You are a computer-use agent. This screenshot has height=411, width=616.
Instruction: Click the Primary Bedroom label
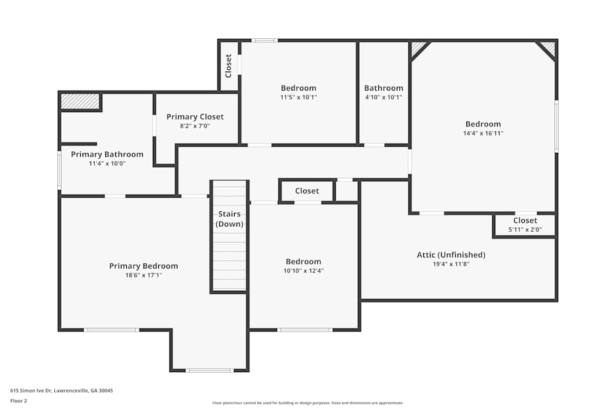point(144,266)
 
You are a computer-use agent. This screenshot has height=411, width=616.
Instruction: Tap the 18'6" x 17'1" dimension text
point(144,275)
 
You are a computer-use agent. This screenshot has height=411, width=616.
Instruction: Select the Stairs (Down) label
point(229,219)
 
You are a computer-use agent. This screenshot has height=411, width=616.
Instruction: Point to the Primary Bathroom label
point(107,154)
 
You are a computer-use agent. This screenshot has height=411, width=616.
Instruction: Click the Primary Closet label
point(195,116)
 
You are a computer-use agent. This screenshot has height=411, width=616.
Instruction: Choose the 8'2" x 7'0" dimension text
point(195,126)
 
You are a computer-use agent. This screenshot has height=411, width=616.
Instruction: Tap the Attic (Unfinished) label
point(451,254)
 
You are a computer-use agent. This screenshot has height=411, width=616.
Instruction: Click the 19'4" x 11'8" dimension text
point(451,264)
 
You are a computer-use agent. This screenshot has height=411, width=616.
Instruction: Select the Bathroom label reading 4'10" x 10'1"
point(383,88)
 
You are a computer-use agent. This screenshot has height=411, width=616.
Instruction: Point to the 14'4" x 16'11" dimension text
point(483,133)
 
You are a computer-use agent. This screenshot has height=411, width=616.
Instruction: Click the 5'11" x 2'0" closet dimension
point(525,230)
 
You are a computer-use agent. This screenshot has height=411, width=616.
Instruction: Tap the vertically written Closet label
point(229,66)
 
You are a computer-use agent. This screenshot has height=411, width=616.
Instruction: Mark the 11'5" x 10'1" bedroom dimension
point(298,97)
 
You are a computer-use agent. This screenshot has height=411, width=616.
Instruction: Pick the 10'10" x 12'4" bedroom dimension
point(303,271)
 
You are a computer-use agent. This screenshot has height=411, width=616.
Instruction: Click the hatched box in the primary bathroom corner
point(80,101)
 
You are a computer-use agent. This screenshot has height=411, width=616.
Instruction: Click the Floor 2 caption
point(18,401)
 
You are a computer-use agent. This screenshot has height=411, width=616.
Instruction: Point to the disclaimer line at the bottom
point(308,403)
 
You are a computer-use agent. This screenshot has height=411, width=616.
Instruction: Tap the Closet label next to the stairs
point(307,191)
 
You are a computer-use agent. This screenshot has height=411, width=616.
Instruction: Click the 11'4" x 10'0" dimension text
point(107,163)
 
